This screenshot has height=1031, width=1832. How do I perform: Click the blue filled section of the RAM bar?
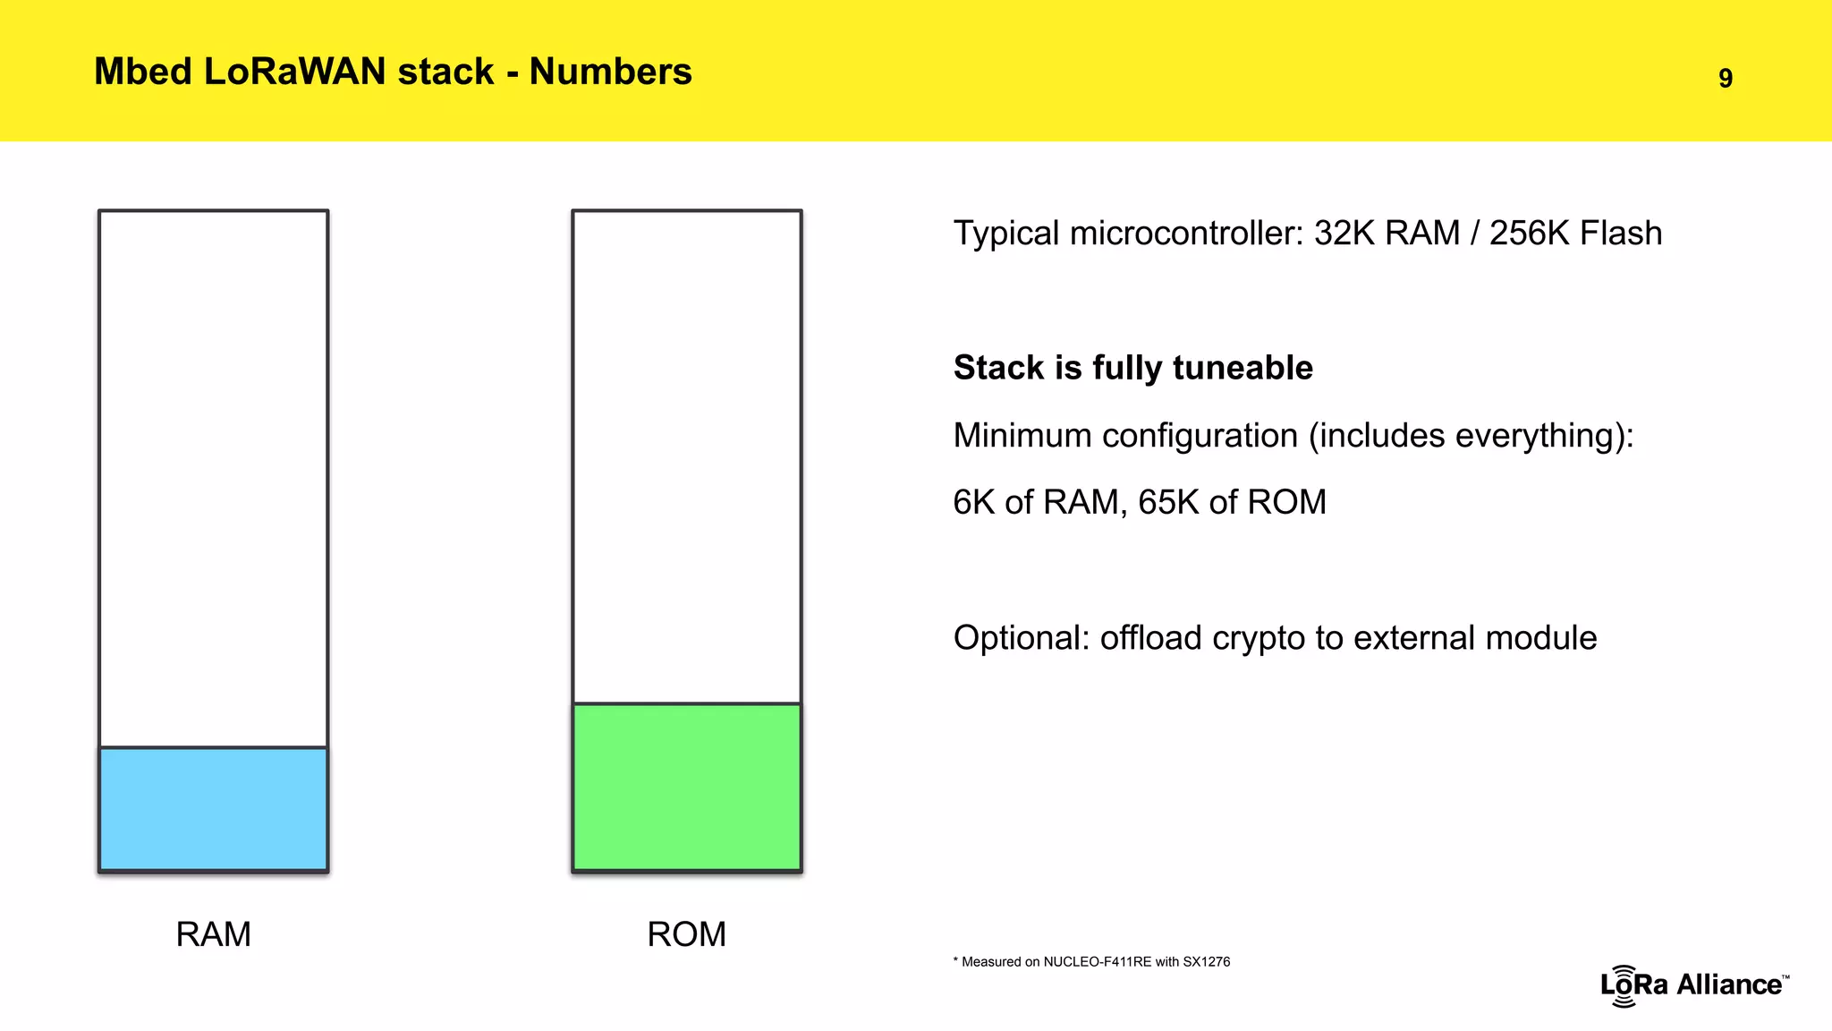(x=213, y=808)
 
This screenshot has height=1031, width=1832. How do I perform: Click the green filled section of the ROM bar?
(x=686, y=787)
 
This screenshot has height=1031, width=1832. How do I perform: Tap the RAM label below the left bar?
(x=213, y=934)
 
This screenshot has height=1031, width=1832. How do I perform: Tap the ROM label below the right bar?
(x=686, y=934)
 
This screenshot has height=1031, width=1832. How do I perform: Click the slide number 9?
(x=1726, y=79)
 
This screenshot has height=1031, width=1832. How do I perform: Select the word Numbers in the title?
(x=610, y=72)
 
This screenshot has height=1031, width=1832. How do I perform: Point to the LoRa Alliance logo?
(x=1693, y=984)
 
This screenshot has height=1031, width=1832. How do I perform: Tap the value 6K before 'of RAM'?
(x=973, y=502)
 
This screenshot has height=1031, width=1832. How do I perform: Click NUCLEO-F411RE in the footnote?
(x=1097, y=962)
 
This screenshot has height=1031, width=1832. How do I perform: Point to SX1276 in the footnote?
(x=1206, y=962)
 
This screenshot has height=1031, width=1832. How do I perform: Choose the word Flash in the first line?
(x=1620, y=234)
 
